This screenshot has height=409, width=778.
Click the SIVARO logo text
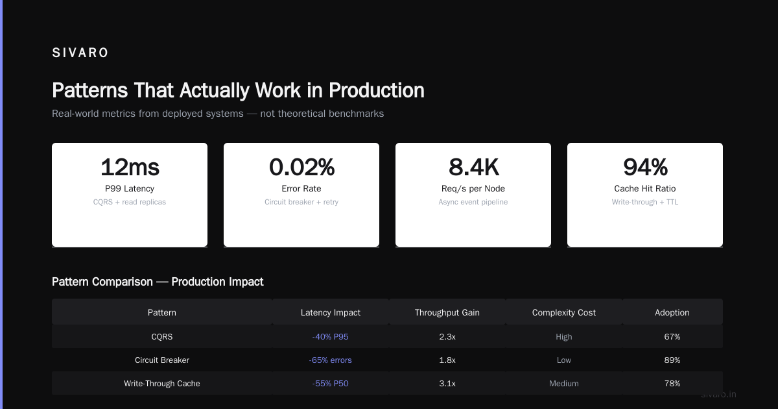pos(80,53)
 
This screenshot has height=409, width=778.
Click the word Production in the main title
pos(377,90)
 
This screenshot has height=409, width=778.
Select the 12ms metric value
pos(130,167)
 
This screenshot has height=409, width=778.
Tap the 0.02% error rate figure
pos(301,167)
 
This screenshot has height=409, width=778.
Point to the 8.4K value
pos(473,167)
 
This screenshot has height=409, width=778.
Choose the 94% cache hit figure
pos(645,167)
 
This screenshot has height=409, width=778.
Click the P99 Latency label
pos(130,188)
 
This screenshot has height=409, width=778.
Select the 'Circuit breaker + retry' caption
pos(301,202)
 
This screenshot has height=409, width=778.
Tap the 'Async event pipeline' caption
pos(473,202)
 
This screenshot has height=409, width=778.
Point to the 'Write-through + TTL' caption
pos(645,202)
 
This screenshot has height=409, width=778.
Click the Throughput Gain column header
pos(447,313)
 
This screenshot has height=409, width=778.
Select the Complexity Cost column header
pos(563,313)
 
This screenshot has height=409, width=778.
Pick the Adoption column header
pos(672,313)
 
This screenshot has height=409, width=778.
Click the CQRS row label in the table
pos(162,337)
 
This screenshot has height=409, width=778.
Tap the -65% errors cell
pos(330,360)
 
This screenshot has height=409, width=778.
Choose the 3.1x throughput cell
pos(447,383)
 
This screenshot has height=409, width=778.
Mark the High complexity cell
pos(563,337)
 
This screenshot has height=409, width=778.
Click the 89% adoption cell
pos(672,360)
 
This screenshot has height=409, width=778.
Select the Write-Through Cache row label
pos(162,383)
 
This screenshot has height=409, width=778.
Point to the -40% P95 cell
pos(330,337)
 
